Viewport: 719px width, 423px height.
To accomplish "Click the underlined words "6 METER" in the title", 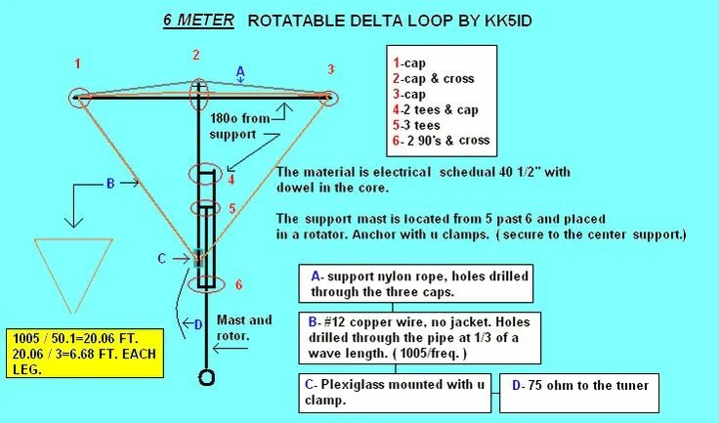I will (197, 19).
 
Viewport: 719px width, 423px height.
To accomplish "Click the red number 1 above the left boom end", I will (78, 63).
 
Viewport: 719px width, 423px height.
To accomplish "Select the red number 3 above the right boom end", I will (330, 69).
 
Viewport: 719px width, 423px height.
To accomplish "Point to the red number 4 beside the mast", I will (231, 180).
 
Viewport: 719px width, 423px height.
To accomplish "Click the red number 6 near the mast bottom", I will (238, 284).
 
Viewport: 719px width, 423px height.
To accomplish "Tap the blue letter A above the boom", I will (240, 70).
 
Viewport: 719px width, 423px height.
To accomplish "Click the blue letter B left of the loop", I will (110, 182).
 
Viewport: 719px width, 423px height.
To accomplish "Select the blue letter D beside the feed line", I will (197, 325).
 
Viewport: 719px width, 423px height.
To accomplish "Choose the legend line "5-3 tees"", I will (419, 125).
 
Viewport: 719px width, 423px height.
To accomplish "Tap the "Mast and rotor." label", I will (245, 326).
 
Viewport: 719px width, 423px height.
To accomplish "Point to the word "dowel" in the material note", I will (299, 188).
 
